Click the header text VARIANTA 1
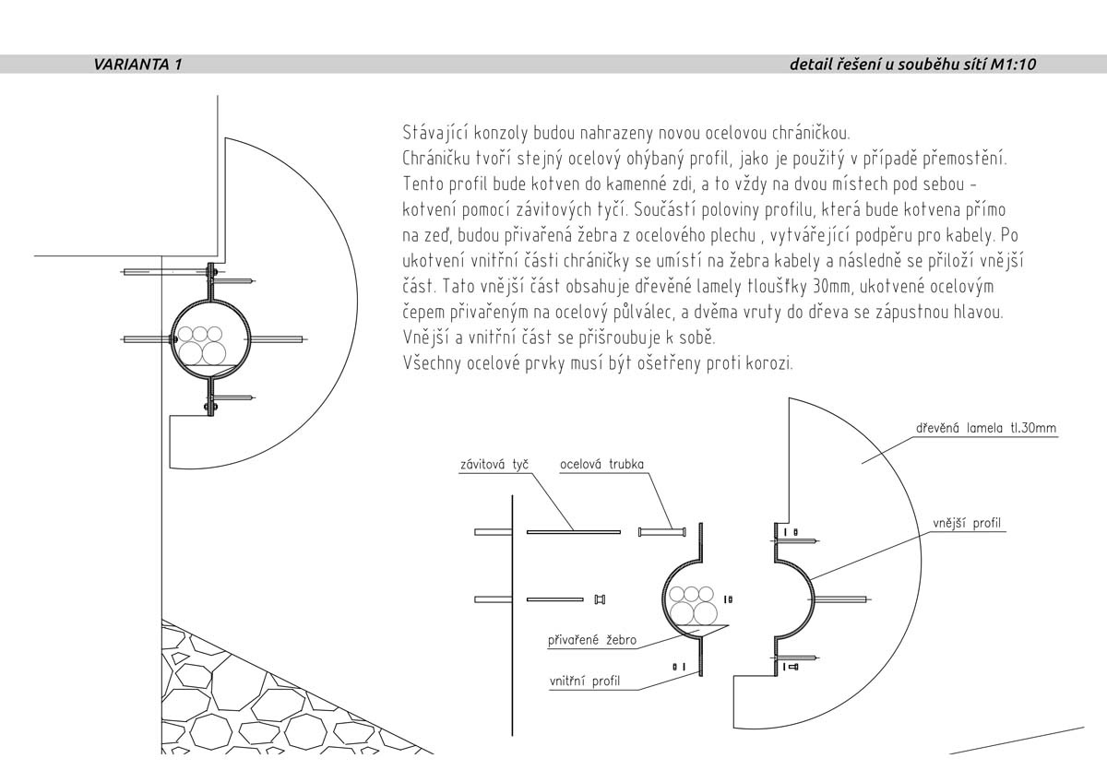point(138,65)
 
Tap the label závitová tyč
point(493,465)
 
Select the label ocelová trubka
point(601,465)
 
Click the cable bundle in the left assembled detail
point(205,344)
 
